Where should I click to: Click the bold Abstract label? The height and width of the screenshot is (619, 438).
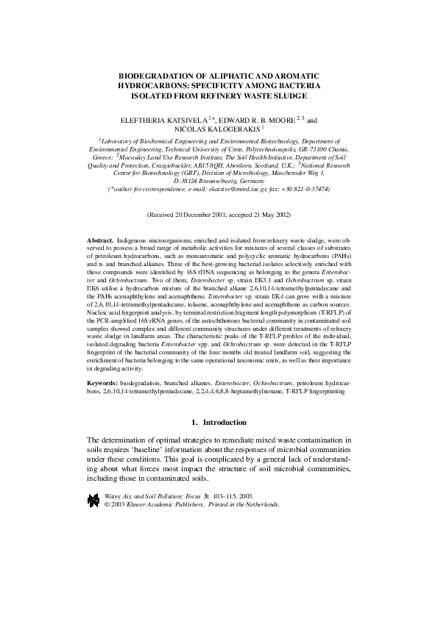[x=100, y=240]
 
